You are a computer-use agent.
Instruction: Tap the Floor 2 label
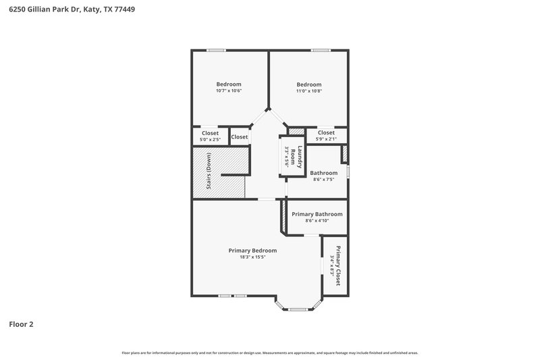tap(21, 324)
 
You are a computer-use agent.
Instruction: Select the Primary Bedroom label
tap(252, 251)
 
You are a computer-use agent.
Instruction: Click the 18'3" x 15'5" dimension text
tap(252, 257)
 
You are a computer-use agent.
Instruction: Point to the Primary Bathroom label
tap(317, 214)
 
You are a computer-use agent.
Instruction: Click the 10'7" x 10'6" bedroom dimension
tap(228, 91)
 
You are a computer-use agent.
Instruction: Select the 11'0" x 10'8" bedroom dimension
tap(309, 91)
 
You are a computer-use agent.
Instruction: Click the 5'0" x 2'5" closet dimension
tap(210, 140)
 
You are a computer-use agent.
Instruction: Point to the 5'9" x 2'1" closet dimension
tap(325, 139)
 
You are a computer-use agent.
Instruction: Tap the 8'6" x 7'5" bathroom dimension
tap(323, 180)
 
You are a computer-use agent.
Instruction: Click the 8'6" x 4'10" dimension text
tap(317, 221)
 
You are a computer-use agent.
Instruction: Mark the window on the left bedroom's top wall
tap(216, 50)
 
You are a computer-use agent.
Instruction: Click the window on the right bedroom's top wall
tap(320, 50)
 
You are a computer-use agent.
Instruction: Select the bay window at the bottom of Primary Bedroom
tap(298, 309)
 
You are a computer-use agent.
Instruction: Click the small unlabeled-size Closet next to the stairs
tap(240, 137)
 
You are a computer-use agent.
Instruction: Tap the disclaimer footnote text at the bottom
tap(269, 353)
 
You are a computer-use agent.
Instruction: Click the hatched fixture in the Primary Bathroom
tap(284, 217)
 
